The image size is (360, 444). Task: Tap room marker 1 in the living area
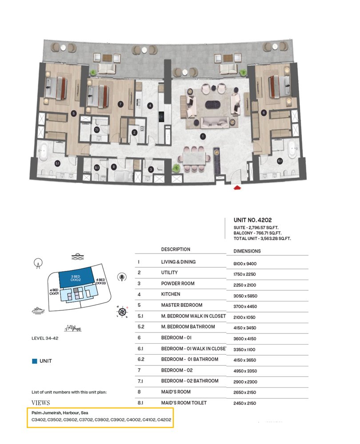point(203,136)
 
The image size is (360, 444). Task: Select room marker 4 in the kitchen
point(150,106)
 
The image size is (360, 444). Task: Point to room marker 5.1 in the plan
point(57,163)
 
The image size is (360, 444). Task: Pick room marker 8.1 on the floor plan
point(97,167)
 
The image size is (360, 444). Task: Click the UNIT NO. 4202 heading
point(252,220)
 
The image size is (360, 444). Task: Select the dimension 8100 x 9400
point(245,264)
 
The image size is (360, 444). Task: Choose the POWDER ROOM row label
point(178,283)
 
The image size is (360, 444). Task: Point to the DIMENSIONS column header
point(247,251)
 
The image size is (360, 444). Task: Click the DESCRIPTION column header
point(176,250)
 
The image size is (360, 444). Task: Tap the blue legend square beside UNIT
point(34,361)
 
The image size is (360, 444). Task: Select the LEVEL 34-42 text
point(45,338)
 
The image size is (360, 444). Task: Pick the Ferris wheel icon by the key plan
point(38,264)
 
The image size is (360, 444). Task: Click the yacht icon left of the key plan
point(39,310)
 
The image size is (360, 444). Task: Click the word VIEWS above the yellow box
point(40,403)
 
